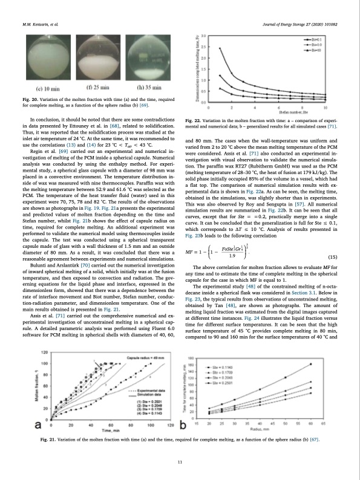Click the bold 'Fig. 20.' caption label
point(29,99)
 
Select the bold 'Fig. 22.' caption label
point(194,122)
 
